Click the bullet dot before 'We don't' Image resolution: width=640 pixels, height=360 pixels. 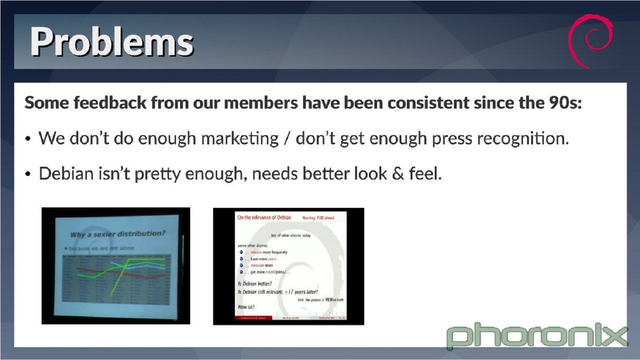click(29, 139)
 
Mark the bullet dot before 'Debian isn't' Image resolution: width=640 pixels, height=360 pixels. click(29, 175)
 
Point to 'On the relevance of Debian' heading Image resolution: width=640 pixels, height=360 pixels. click(264, 217)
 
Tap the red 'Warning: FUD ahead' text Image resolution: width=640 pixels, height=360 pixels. click(318, 218)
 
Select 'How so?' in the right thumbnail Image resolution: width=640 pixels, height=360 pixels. click(246, 307)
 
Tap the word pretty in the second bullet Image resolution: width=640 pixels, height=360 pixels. click(152, 174)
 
